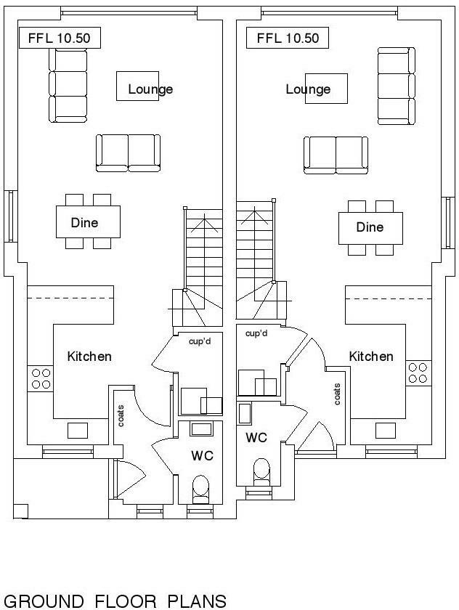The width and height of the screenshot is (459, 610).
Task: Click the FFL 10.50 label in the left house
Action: (54, 38)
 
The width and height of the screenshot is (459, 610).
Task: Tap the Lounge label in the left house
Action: (150, 89)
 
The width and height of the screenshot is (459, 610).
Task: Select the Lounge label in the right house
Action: (308, 89)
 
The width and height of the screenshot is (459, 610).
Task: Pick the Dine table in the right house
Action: (370, 227)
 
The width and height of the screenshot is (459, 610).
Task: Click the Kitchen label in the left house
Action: (89, 357)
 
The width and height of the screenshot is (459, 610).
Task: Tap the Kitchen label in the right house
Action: (371, 357)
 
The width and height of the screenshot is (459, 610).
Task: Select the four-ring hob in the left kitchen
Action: (41, 378)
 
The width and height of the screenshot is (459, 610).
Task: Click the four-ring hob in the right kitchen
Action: (418, 373)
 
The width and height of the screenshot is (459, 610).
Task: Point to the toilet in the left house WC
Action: (199, 487)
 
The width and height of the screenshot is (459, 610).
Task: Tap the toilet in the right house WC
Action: (261, 470)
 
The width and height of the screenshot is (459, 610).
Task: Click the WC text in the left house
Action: (201, 455)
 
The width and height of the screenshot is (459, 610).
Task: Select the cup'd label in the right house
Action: (256, 333)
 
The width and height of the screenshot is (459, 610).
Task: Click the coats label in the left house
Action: (121, 416)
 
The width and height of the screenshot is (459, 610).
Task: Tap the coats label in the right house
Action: (337, 394)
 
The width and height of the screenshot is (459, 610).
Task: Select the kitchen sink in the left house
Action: (78, 430)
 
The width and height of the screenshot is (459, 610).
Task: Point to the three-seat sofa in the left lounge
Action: (68, 86)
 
